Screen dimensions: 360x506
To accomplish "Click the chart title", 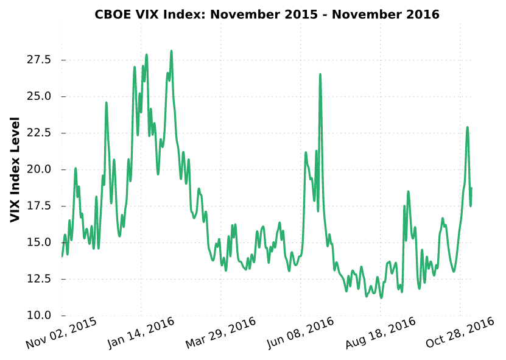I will pos(267,14).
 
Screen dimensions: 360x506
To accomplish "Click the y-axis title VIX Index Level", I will pos(16,169).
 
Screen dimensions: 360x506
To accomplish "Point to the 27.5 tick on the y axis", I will pos(38,60).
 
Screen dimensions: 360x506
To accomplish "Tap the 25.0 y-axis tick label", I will pos(38,96).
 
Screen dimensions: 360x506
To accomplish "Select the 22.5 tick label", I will pos(38,133).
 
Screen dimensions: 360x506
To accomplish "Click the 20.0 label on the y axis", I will pos(38,169).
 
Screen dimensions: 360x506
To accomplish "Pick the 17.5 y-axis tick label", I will pos(38,206).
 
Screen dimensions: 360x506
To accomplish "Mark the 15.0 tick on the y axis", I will pos(38,242).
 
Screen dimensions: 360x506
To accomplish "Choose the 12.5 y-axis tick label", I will pos(38,279).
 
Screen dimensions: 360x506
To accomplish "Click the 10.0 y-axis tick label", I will pos(38,316).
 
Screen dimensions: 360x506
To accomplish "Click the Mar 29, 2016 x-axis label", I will pos(220,333).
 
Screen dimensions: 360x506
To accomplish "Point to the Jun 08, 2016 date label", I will pos(300,333).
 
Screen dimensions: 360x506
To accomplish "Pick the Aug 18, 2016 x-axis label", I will pos(379,333).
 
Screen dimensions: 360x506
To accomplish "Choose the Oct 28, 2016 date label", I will pos(459,333).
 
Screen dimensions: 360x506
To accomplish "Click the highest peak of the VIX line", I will pos(172,51).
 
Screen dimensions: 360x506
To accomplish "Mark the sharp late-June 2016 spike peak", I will pos(320,74).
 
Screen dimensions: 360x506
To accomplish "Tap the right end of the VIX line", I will pos(471,188).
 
